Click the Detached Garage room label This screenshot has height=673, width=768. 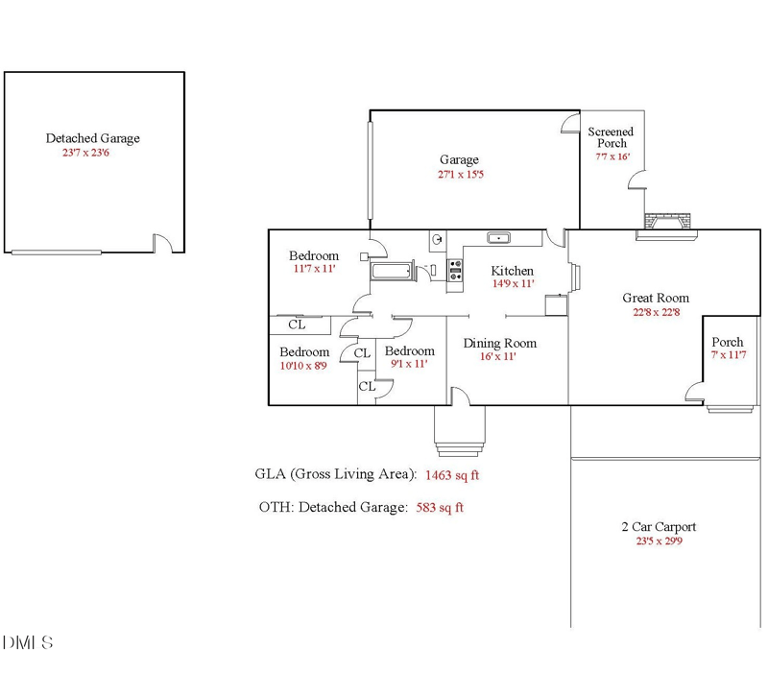tap(92, 138)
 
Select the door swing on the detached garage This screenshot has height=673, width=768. tap(162, 243)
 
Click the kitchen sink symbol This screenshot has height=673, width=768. tap(498, 239)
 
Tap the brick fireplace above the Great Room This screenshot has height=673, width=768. tap(667, 222)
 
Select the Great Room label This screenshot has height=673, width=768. tap(656, 298)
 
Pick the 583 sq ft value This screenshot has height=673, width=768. tap(439, 508)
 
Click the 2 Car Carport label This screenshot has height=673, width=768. tap(659, 526)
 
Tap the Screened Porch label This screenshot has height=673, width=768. tap(611, 137)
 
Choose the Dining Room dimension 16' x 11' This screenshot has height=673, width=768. tap(498, 356)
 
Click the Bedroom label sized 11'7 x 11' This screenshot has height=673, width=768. tap(314, 255)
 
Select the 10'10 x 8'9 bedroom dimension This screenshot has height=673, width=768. tap(303, 366)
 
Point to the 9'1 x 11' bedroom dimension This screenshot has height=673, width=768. tap(408, 364)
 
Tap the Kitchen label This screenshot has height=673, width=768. tap(512, 271)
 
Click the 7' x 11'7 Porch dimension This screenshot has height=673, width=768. tap(727, 355)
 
